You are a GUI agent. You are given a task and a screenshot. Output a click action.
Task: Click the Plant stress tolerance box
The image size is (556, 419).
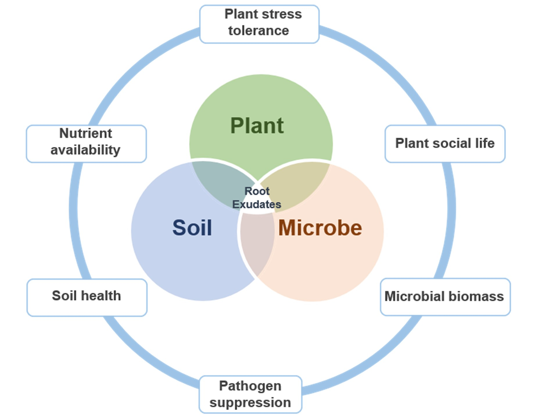click(259, 24)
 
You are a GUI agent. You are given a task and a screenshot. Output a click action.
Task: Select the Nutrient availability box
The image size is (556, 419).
click(86, 143)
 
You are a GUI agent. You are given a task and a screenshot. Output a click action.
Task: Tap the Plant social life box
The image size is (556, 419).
click(445, 143)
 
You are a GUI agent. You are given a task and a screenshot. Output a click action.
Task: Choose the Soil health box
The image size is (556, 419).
click(87, 297)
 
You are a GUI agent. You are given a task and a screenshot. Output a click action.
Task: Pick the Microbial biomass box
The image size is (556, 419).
click(445, 297)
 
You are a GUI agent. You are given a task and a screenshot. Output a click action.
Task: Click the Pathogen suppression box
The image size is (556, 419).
click(250, 394)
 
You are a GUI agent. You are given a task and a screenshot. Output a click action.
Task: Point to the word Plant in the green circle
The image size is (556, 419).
click(257, 126)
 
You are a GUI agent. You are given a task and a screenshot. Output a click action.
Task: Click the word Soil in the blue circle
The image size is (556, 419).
click(192, 228)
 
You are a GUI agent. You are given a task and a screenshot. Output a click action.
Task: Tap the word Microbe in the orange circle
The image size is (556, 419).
click(320, 228)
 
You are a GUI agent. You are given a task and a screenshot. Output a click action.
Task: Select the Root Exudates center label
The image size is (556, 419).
click(257, 198)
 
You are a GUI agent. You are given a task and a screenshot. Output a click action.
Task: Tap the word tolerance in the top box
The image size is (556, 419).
click(259, 31)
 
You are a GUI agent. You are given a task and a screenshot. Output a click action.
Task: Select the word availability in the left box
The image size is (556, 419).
click(85, 150)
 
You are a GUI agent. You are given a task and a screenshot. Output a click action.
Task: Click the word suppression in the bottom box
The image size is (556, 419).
click(250, 403)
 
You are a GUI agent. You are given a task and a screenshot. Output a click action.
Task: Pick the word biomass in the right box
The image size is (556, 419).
click(476, 297)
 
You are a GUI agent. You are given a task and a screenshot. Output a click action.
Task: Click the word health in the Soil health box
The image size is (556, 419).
click(101, 296)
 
